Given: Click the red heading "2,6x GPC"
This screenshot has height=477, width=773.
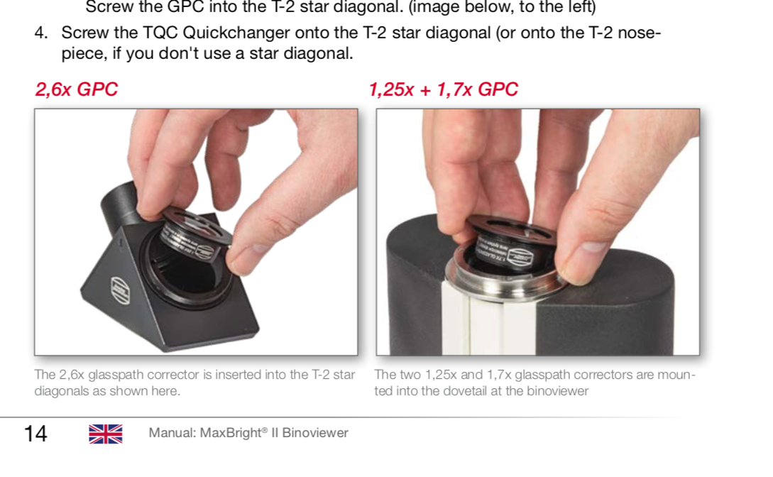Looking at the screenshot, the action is tap(76, 89).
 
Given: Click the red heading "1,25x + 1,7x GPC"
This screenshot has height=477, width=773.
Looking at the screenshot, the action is tap(443, 89).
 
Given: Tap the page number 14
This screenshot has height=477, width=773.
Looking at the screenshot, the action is tap(35, 434).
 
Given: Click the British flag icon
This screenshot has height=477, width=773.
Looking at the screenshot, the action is tap(106, 434).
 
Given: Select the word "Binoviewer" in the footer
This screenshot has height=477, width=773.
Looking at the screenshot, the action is tap(315, 433).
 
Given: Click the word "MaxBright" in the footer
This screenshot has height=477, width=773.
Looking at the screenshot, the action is tap(230, 433).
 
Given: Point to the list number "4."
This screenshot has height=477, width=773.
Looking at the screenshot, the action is tap(41, 33).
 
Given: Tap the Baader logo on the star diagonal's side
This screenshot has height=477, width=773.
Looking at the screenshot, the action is tap(120, 290).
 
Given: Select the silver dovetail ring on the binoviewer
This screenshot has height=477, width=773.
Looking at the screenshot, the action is tap(503, 281).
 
